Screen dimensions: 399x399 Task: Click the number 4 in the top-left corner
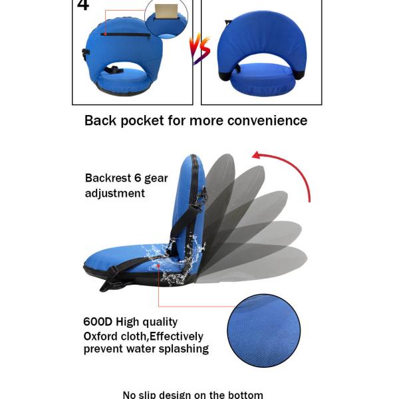point(82,6)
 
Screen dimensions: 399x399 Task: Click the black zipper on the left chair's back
point(126,34)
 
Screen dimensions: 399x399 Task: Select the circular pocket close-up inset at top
point(166,17)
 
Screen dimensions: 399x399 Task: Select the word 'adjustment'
point(114,194)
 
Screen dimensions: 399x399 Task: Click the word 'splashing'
point(181,349)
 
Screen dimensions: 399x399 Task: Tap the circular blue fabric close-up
point(263,331)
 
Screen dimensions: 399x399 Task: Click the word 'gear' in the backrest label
point(156,178)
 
